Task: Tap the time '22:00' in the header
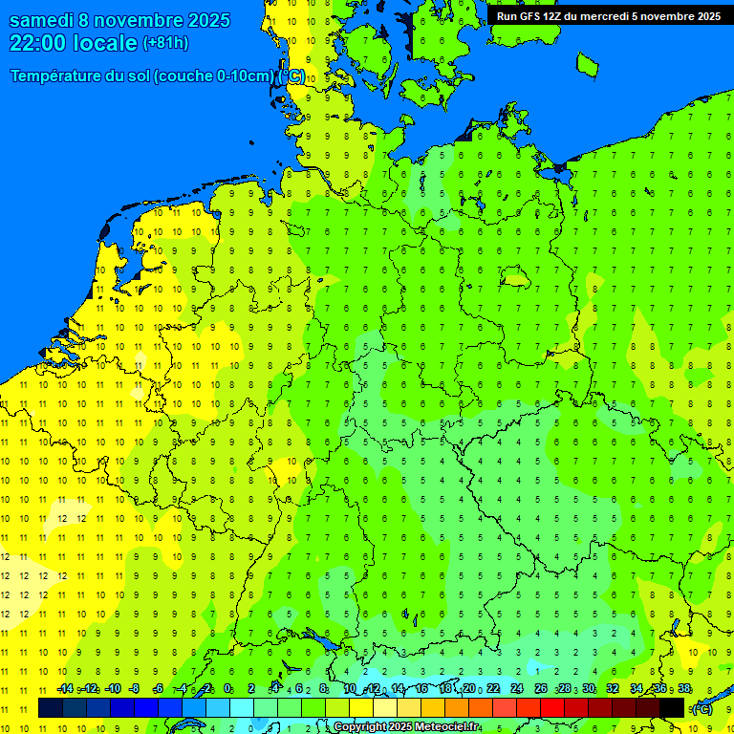tap(39, 43)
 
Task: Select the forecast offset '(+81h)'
tap(165, 43)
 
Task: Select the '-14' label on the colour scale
tap(65, 689)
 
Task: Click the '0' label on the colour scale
tap(227, 689)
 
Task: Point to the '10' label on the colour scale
tap(350, 689)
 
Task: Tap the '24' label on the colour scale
tap(517, 689)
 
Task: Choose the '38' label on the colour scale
tap(684, 689)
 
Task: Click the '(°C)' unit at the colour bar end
tap(702, 708)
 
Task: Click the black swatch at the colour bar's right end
tap(672, 707)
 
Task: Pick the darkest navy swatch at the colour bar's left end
tap(51, 707)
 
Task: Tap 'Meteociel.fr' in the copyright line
tap(445, 727)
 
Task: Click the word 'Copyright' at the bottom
tap(362, 727)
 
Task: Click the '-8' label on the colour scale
tap(135, 689)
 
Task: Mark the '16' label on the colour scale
tap(421, 689)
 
